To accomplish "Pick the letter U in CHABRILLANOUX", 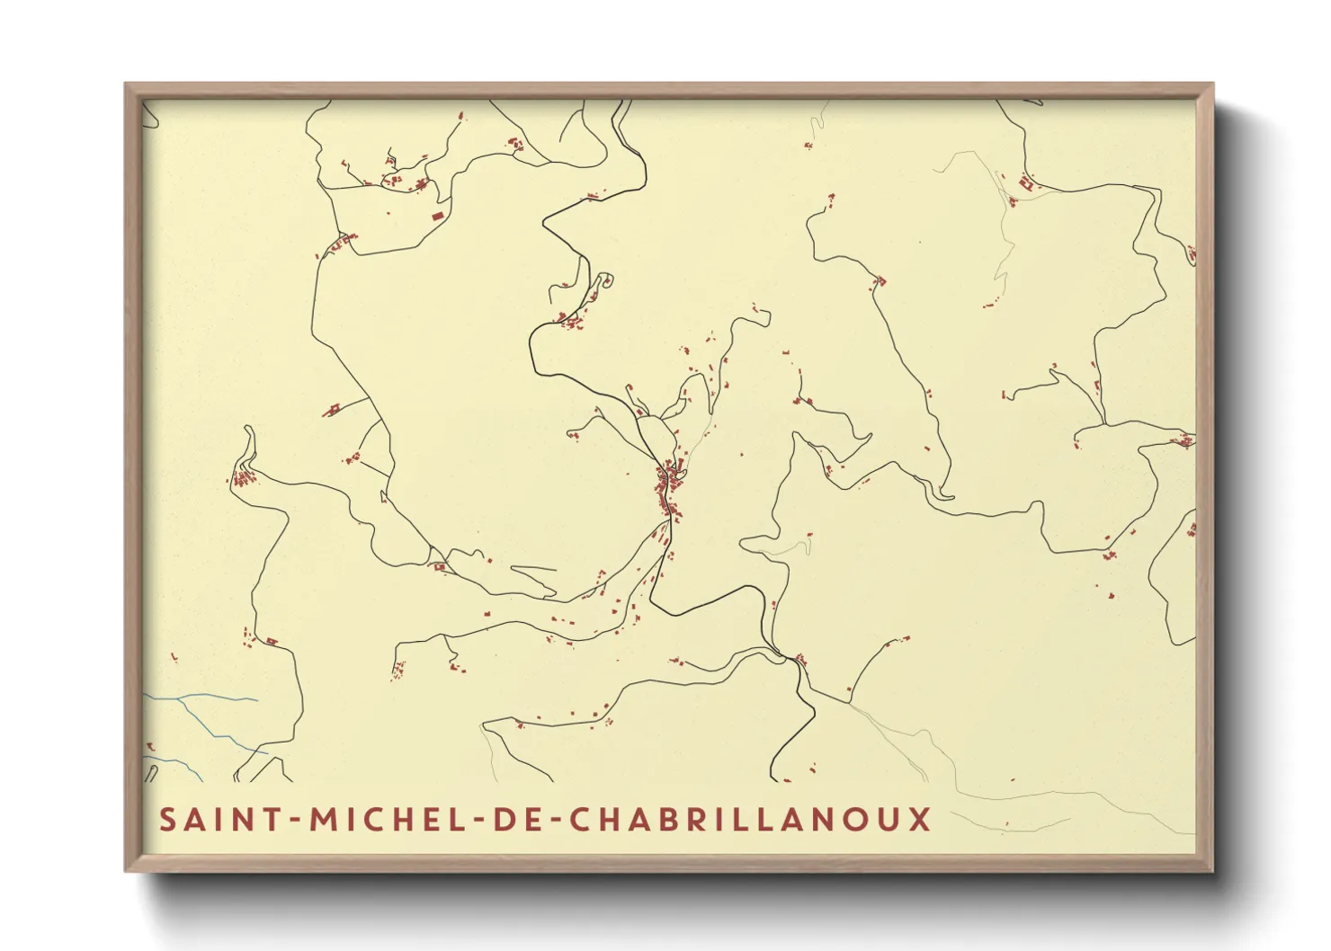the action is click(x=889, y=820).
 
